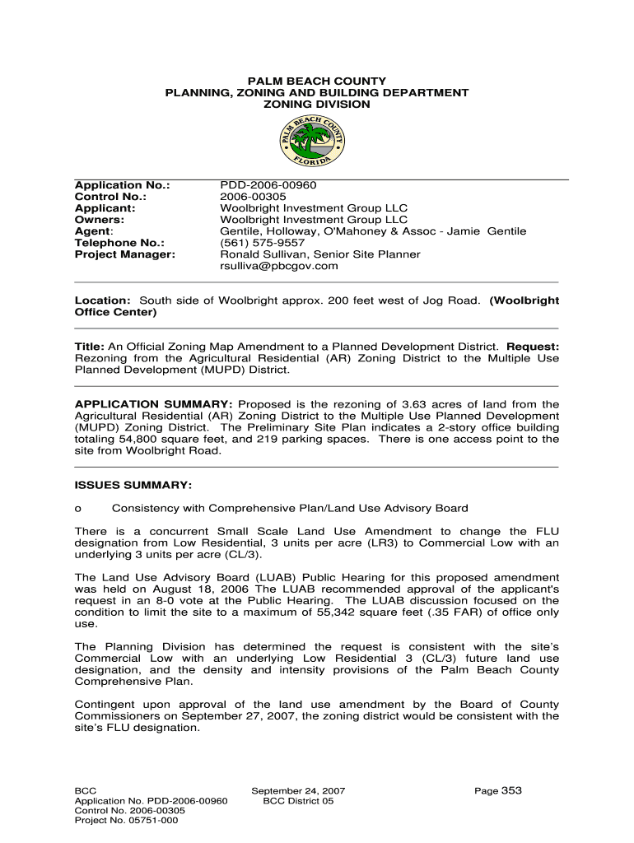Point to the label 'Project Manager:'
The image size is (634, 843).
coord(124,254)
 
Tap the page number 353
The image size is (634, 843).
coord(511,790)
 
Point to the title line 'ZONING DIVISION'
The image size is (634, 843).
coord(317,105)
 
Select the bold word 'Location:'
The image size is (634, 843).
coord(103,300)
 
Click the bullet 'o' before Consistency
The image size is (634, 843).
coord(78,508)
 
